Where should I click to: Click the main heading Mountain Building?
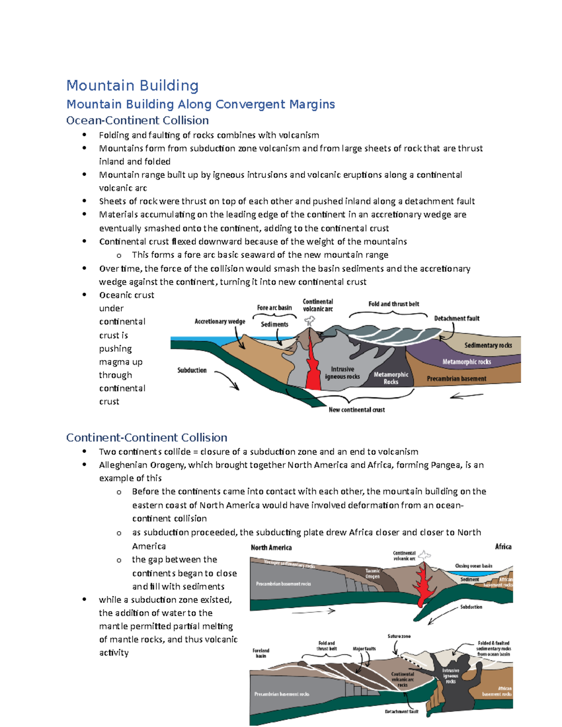[133, 86]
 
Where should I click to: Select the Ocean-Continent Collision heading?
[137, 120]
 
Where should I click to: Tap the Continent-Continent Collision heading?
[147, 437]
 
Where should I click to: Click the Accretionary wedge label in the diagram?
[220, 322]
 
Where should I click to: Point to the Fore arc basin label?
[274, 308]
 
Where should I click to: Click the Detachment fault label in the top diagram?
[457, 318]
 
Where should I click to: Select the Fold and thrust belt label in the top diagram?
[394, 304]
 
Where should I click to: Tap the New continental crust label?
[356, 410]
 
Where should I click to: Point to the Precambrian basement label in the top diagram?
[456, 379]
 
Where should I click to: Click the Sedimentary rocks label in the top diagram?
[488, 345]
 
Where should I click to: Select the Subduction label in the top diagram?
[192, 370]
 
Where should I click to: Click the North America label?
[271, 548]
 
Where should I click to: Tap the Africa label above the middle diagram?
[503, 547]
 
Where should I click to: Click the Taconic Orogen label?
[373, 573]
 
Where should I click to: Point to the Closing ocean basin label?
[473, 566]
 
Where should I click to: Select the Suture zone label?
[399, 636]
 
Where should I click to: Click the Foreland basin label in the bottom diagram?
[261, 653]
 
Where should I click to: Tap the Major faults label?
[364, 649]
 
